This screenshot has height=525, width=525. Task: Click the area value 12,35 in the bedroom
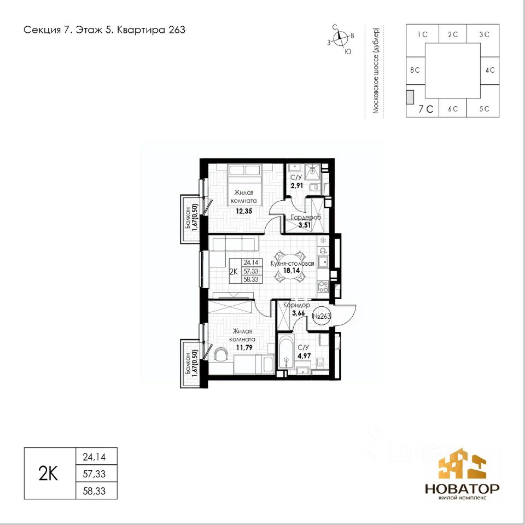(243, 211)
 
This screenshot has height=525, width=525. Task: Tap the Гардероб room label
(306, 218)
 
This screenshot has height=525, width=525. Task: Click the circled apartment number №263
(322, 316)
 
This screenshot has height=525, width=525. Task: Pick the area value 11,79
(244, 348)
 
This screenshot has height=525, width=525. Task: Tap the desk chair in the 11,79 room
(220, 354)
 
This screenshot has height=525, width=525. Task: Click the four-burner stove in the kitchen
(323, 287)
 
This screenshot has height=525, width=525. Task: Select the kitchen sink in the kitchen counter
(323, 262)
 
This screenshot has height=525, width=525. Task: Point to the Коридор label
(296, 305)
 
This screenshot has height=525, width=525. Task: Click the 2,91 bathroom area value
(297, 185)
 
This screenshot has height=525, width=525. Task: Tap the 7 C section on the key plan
(426, 109)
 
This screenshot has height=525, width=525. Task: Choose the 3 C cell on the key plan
(484, 34)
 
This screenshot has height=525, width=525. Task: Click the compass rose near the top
(341, 39)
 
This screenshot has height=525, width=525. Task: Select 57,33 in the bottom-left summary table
(94, 474)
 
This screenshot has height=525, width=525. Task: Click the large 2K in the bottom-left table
(49, 474)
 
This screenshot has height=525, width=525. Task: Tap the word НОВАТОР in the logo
(463, 488)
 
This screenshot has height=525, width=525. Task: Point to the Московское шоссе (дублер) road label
(376, 71)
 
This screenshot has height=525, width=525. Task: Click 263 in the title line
(177, 30)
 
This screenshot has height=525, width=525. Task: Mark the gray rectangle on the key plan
(410, 97)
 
